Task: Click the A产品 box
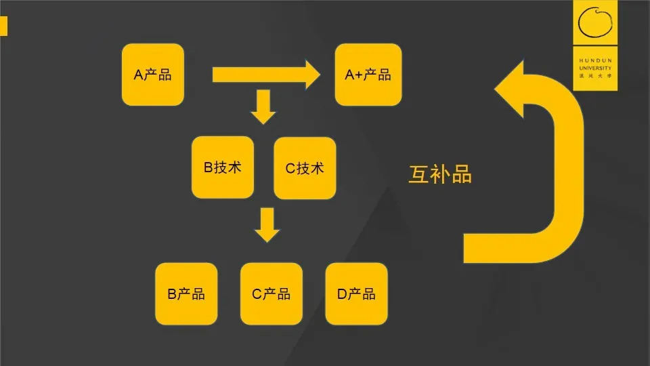pos(152,75)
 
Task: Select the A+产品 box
pos(366,75)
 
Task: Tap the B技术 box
pos(223,167)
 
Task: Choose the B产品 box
pos(186,293)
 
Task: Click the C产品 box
pos(272,293)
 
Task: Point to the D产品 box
pos(356,293)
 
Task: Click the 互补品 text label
pos(440,174)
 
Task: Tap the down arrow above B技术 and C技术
pos(263,107)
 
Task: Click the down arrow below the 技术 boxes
pos(267,225)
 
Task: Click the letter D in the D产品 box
pos(342,294)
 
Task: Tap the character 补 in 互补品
pos(440,174)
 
